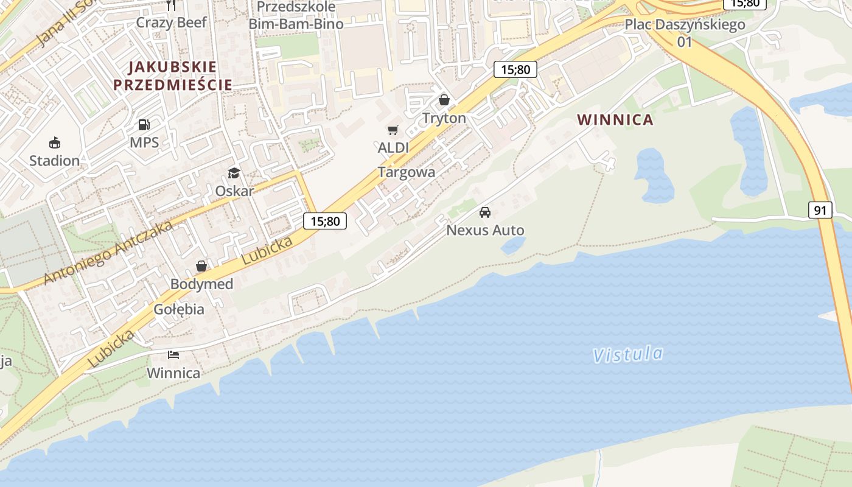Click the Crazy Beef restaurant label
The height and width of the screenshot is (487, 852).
172,23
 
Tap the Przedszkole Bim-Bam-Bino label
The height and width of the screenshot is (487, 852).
296,15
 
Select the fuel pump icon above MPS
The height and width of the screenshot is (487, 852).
144,125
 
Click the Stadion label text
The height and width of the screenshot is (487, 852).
55,161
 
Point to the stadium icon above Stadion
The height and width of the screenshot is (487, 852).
55,143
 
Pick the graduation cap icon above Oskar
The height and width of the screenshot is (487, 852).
234,173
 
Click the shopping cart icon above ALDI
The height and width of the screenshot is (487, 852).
393,130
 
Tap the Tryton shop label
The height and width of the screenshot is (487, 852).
444,118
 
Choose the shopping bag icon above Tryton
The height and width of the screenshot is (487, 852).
444,100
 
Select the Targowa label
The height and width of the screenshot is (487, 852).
407,172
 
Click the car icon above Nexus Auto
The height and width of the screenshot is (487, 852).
485,212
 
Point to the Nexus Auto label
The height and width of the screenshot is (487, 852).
485,230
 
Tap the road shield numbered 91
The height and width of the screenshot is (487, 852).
820,211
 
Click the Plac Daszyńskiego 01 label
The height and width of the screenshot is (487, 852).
685,33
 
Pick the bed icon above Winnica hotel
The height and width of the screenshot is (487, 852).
173,355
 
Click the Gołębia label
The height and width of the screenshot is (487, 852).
179,309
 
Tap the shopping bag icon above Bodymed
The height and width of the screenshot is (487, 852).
201,267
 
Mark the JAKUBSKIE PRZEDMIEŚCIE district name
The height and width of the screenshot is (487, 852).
173,75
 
